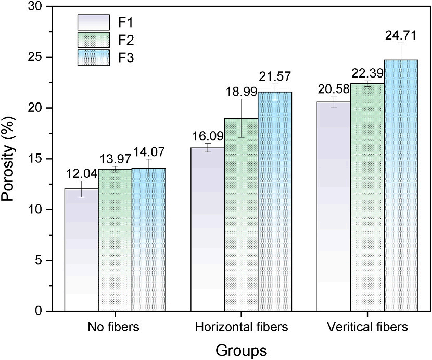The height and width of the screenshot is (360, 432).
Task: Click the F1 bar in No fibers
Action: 82,250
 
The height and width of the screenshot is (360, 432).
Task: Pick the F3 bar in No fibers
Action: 149,239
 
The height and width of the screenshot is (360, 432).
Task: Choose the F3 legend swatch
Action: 94,58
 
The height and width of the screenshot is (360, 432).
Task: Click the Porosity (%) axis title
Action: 11,158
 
